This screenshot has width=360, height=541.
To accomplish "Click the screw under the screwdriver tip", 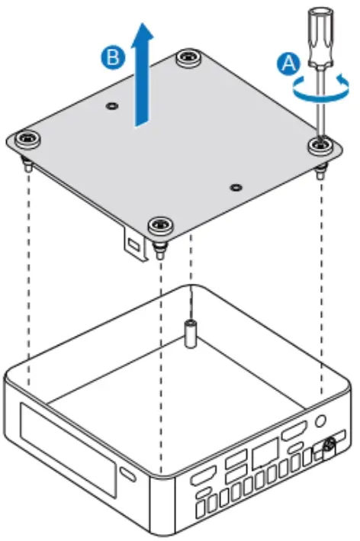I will pyautogui.click(x=320, y=143).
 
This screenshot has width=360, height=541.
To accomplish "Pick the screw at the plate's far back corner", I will pyautogui.click(x=185, y=59).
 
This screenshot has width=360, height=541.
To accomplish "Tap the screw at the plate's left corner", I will pyautogui.click(x=27, y=139).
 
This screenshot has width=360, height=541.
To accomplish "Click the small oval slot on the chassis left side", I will pyautogui.click(x=127, y=480).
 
